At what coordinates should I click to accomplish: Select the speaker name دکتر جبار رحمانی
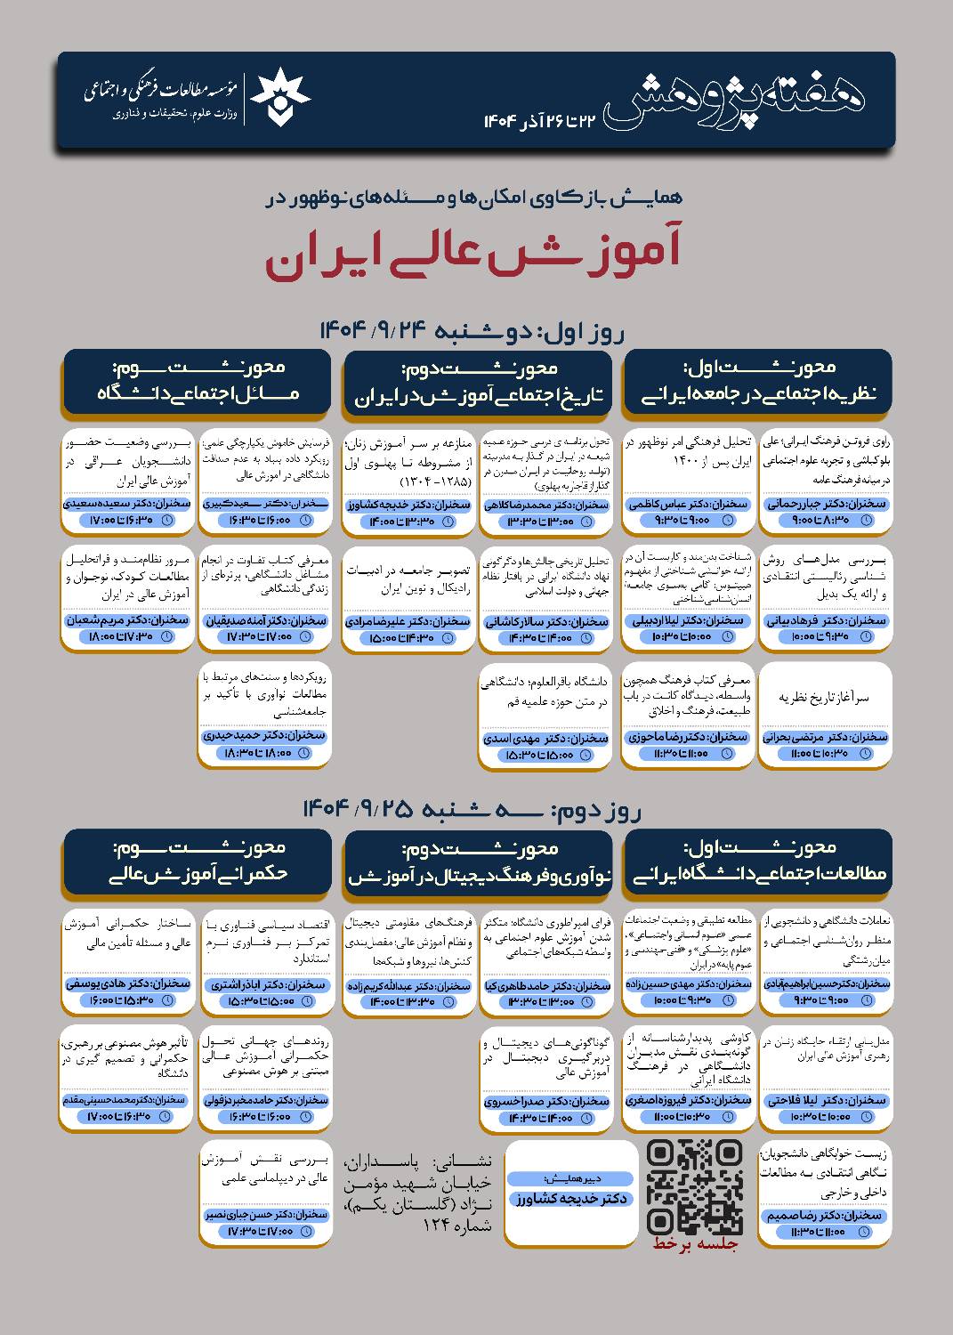(x=827, y=504)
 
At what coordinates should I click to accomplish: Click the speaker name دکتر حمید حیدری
(x=264, y=736)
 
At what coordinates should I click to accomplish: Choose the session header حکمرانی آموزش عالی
(x=197, y=873)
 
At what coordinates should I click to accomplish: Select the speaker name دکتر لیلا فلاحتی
(x=827, y=1100)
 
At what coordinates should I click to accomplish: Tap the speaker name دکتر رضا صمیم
(x=827, y=1215)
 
